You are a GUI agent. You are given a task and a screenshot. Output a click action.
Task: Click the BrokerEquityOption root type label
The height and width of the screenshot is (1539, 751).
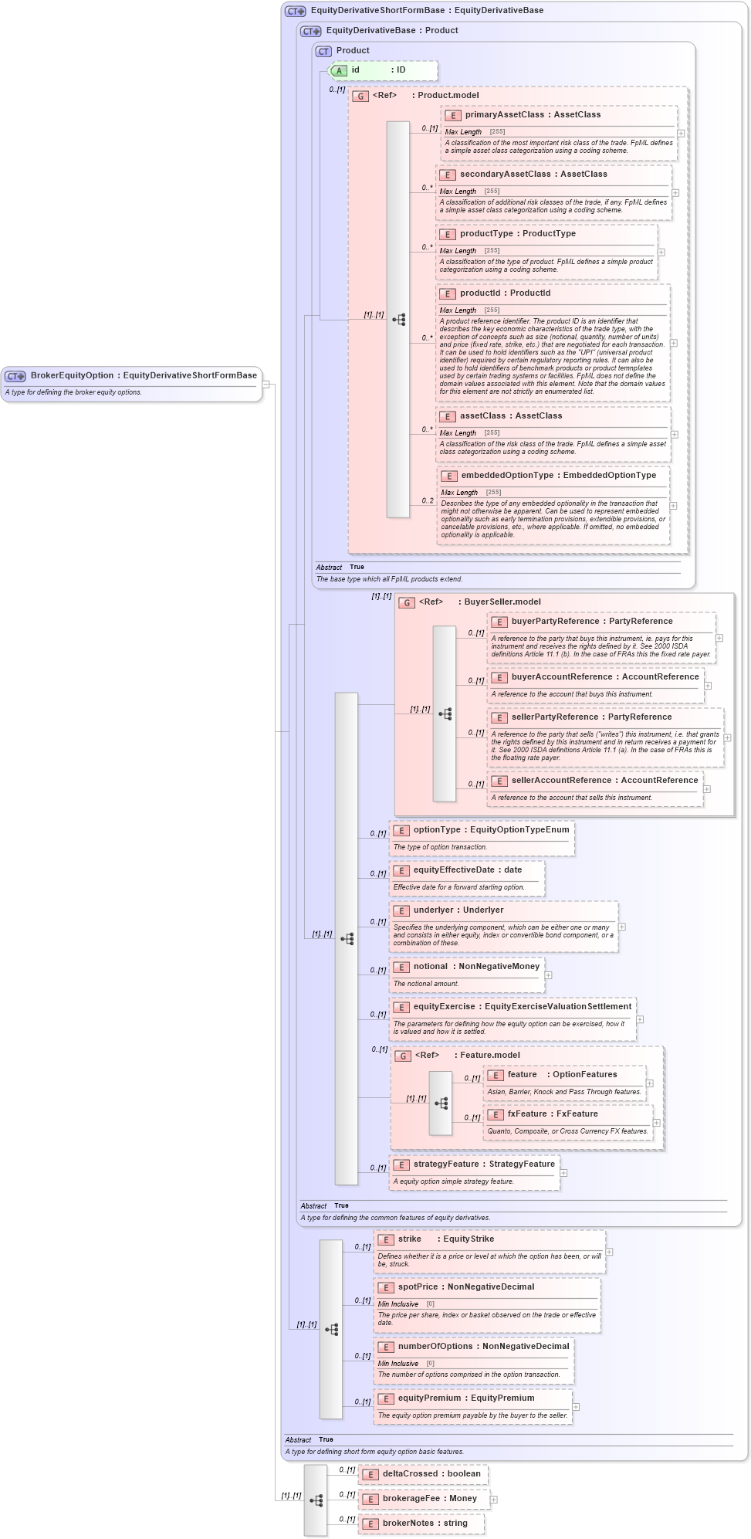click(x=143, y=376)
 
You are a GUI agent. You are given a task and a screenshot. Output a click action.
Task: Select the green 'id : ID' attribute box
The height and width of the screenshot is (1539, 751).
click(x=383, y=70)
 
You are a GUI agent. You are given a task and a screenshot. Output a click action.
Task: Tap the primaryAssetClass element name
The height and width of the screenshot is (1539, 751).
click(x=504, y=115)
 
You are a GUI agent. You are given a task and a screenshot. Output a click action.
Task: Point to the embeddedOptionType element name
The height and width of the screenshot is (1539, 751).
click(x=507, y=476)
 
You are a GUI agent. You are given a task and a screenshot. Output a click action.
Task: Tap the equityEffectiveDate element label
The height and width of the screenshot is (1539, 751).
click(x=453, y=870)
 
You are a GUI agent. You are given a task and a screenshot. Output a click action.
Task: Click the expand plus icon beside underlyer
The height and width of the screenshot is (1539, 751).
click(x=621, y=927)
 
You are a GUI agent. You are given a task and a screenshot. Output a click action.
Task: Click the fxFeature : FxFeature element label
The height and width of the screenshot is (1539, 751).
click(x=552, y=1114)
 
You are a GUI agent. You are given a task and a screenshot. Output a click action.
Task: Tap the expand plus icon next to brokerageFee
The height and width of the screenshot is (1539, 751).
click(x=493, y=1500)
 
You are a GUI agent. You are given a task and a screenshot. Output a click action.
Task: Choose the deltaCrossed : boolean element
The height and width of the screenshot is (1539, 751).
click(x=431, y=1474)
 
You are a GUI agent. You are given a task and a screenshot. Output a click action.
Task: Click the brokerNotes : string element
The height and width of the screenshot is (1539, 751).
click(x=425, y=1524)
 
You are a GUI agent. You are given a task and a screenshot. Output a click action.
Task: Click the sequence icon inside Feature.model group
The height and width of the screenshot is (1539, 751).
click(x=441, y=1103)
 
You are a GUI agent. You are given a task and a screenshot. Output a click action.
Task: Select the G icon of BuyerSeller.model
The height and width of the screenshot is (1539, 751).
click(x=407, y=602)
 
